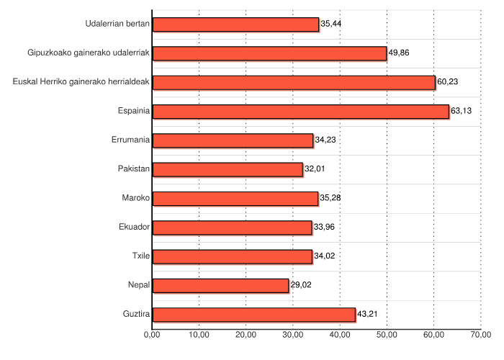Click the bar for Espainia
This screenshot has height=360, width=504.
[300, 111]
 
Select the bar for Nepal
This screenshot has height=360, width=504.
[220, 285]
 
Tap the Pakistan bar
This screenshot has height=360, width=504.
[228, 169]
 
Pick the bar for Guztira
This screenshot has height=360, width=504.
[253, 314]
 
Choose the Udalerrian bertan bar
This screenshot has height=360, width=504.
[235, 24]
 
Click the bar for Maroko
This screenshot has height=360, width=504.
[235, 198]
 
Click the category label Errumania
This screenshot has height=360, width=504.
[131, 140]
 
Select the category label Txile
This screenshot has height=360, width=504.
[140, 256]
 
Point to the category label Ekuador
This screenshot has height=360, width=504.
[134, 228]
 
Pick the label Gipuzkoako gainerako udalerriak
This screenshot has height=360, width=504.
[89, 53]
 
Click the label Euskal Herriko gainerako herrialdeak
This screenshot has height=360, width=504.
[81, 82]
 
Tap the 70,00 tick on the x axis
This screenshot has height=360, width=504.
[481, 335]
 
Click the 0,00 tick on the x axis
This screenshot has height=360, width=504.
[152, 335]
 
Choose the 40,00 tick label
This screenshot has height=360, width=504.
[340, 335]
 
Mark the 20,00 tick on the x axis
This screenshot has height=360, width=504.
[246, 335]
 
